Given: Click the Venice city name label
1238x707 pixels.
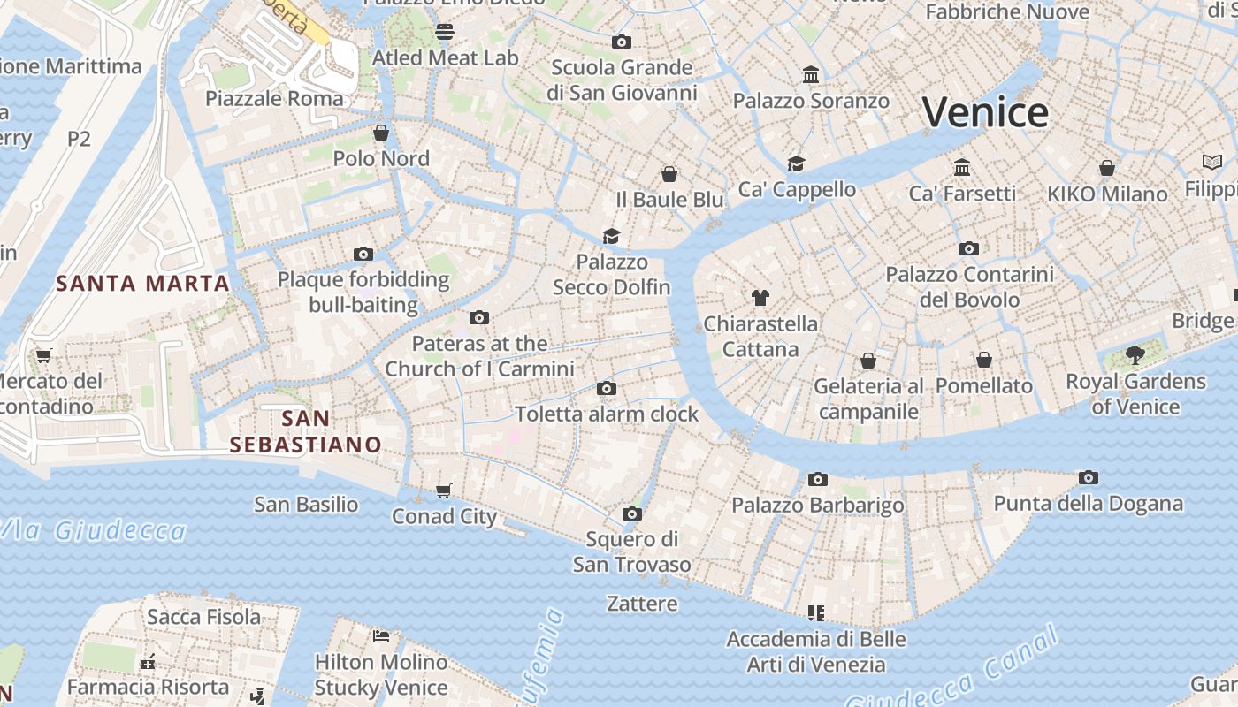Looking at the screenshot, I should pyautogui.click(x=985, y=113).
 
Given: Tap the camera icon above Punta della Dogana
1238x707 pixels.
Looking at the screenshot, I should pyautogui.click(x=1089, y=478).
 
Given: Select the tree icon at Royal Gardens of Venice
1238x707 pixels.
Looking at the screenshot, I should pyautogui.click(x=1135, y=356).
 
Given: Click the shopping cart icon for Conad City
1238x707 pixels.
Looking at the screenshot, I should pyautogui.click(x=444, y=490).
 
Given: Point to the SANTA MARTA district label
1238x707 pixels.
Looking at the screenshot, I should pyautogui.click(x=142, y=284).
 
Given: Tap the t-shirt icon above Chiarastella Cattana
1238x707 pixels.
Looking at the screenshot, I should pyautogui.click(x=760, y=298).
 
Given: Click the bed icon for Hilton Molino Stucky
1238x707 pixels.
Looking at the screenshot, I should pyautogui.click(x=381, y=636).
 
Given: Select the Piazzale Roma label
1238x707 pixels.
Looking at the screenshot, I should pyautogui.click(x=274, y=98).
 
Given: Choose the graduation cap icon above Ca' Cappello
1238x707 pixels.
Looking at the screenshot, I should pyautogui.click(x=797, y=163).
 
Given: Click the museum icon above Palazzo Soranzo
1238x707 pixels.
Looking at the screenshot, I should pyautogui.click(x=811, y=75).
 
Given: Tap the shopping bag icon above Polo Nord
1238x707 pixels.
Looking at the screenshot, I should pyautogui.click(x=381, y=133).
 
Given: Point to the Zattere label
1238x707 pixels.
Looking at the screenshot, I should pyautogui.click(x=642, y=604).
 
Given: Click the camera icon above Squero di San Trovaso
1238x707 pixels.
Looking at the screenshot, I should pyautogui.click(x=631, y=514).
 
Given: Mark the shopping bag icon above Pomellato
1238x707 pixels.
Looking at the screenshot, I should pyautogui.click(x=984, y=360).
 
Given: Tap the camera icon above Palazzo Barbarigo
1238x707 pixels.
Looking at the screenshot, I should pyautogui.click(x=818, y=480).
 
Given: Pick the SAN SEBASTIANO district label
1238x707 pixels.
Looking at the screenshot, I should pyautogui.click(x=305, y=431).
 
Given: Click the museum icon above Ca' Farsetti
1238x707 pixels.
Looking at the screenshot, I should pyautogui.click(x=962, y=167).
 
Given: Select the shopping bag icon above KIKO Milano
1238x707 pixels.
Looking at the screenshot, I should pyautogui.click(x=1106, y=168).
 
